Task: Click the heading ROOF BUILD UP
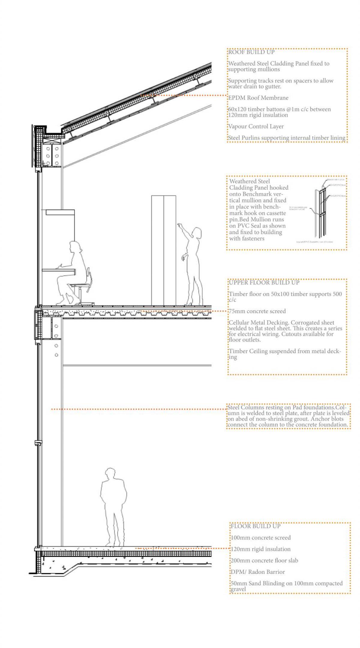[251, 52]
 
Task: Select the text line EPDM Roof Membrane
[258, 98]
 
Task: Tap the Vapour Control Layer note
[256, 126]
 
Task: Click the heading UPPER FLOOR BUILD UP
[264, 282]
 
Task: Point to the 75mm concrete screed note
[257, 311]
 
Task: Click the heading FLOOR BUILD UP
[255, 526]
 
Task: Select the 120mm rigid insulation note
[260, 549]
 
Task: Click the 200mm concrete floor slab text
[264, 560]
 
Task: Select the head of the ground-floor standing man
[110, 473]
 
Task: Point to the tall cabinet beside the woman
[163, 249]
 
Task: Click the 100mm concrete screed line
[260, 538]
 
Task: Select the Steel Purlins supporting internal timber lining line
[286, 138]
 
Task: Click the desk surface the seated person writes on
[58, 270]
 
